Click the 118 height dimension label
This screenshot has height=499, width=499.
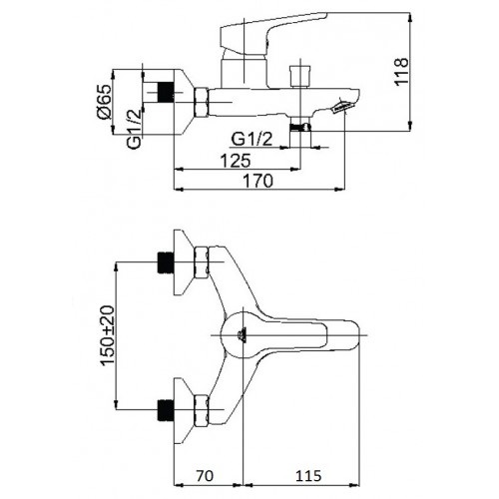(x=401, y=72)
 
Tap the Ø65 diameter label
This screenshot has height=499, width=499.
(x=105, y=102)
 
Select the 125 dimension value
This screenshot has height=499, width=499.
(x=236, y=161)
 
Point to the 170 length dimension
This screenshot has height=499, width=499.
(x=258, y=181)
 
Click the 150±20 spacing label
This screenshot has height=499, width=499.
(x=108, y=336)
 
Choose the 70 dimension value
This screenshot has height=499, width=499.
(x=204, y=476)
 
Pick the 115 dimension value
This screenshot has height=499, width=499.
(x=308, y=476)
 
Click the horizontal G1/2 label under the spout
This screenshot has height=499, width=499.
(x=251, y=139)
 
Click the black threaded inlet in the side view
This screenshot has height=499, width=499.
(x=166, y=92)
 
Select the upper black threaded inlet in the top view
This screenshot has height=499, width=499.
(x=166, y=262)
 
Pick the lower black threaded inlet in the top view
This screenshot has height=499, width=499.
(x=166, y=409)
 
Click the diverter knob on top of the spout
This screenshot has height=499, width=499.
(x=300, y=77)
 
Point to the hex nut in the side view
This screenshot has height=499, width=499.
(x=201, y=103)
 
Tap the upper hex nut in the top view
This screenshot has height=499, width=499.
(x=201, y=262)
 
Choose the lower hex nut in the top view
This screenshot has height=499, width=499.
(x=201, y=410)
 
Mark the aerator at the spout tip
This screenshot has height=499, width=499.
(x=342, y=107)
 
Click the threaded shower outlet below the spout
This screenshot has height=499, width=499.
(x=300, y=127)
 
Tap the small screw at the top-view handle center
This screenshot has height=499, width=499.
(x=242, y=335)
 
